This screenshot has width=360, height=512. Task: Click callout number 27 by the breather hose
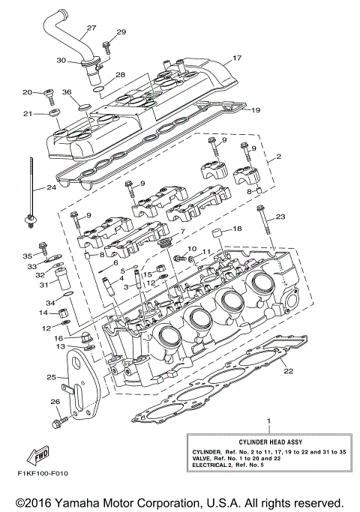91,28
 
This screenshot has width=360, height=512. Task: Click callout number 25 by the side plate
52,377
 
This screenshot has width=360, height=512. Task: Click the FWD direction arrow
37,454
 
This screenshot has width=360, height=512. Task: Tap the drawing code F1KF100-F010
40,474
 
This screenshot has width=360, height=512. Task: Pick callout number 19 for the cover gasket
256,110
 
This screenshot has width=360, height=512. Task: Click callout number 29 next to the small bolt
121,33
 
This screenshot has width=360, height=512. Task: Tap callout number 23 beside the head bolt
281,217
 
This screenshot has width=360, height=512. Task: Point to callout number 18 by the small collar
236,229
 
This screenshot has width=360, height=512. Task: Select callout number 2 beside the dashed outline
278,157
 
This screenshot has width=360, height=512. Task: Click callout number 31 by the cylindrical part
43,284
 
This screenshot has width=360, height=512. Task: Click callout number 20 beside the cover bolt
27,92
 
